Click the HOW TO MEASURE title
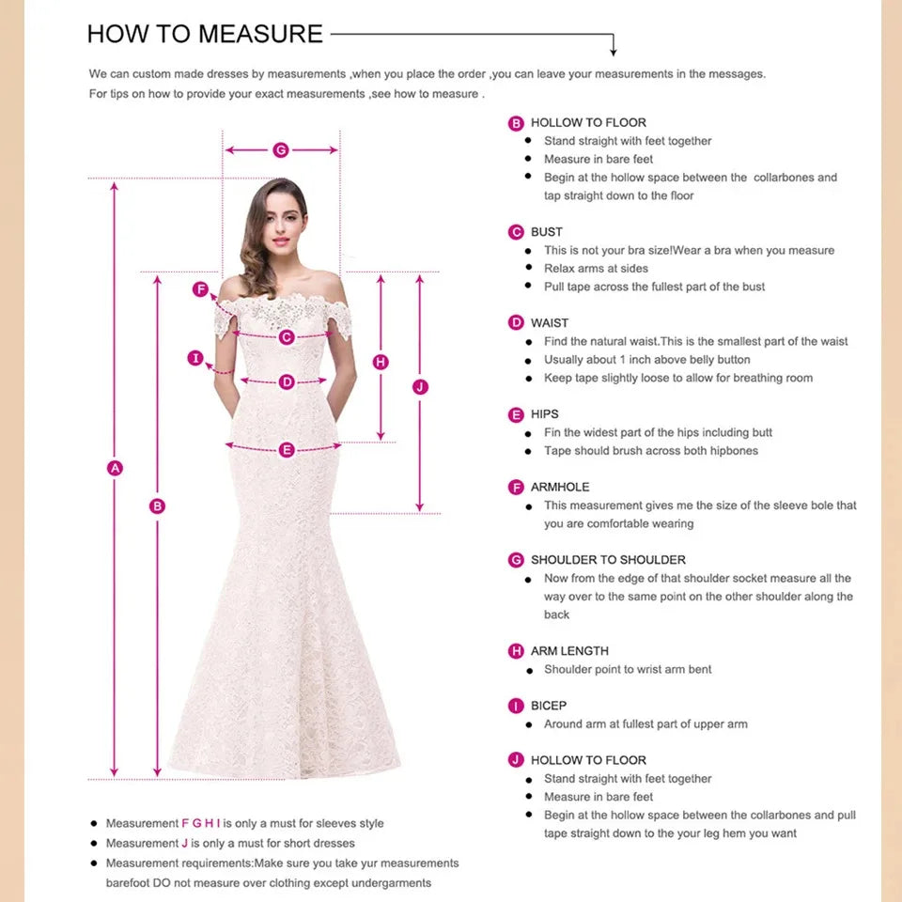coord(205,34)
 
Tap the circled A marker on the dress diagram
coord(116,468)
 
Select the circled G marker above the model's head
coord(280,150)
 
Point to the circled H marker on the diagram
coord(381,362)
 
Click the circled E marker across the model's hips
coord(287,450)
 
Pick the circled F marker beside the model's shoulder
coord(200,289)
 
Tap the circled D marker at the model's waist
coord(287,381)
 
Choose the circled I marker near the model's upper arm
coord(195,358)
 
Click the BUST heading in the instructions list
coord(546,232)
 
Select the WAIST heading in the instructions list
coord(550,323)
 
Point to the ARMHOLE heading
coord(560,487)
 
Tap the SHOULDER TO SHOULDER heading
coord(608,560)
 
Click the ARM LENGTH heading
coord(569,651)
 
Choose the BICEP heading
coord(549,706)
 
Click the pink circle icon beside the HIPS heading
coord(516,414)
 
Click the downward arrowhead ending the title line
coord(614,50)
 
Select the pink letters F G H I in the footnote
coord(200,823)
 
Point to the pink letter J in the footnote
coord(185,843)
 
